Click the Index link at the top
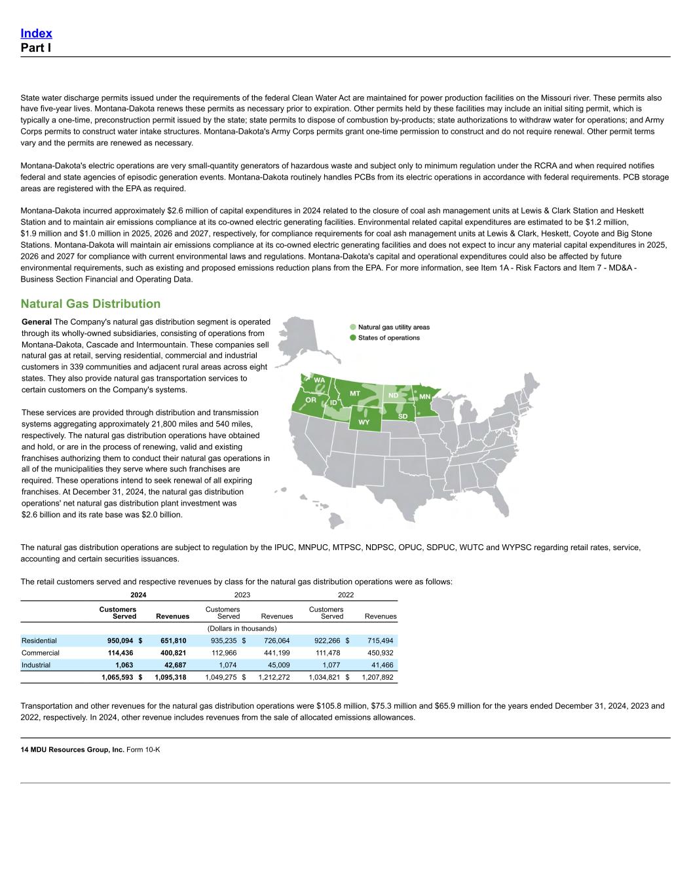tap(36, 33)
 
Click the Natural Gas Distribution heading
tap(90, 303)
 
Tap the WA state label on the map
tap(319, 380)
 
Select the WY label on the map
tap(364, 422)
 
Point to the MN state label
tap(424, 397)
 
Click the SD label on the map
tap(403, 417)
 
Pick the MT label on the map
tap(355, 393)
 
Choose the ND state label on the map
tap(393, 396)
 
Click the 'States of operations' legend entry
tap(388, 338)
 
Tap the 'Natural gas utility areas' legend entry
tap(394, 327)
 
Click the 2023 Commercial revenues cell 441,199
tap(275, 653)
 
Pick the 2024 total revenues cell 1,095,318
tap(170, 677)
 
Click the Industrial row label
tap(37, 665)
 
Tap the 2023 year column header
tap(242, 595)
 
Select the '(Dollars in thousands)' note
tap(242, 629)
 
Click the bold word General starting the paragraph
tap(37, 322)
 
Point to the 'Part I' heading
tap(36, 48)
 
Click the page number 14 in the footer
tap(24, 749)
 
